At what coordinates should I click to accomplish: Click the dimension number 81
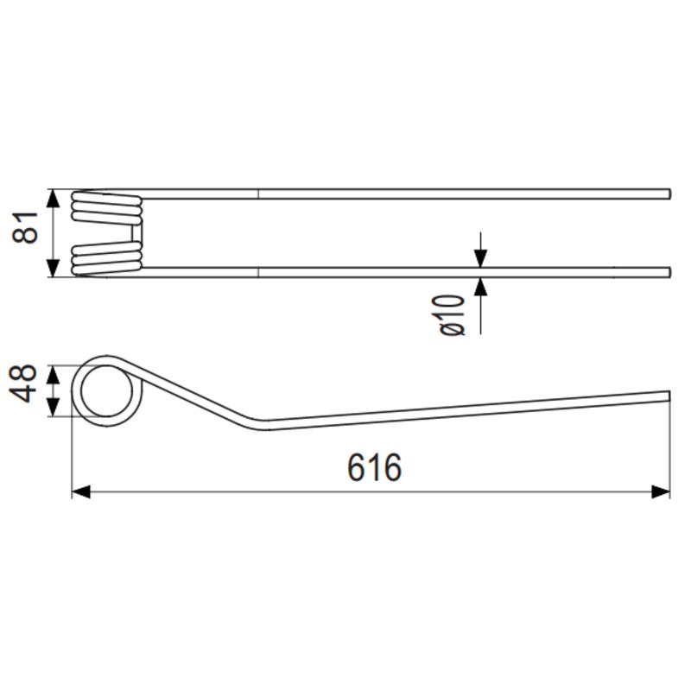click(26, 227)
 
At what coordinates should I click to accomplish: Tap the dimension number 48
click(23, 384)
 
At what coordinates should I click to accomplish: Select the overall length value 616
click(374, 467)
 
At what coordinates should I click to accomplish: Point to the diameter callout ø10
click(452, 315)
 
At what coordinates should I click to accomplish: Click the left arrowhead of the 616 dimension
click(81, 492)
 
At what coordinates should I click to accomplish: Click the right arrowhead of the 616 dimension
click(661, 492)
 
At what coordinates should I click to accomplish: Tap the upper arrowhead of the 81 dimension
click(53, 199)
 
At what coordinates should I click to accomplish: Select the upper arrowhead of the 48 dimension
click(53, 374)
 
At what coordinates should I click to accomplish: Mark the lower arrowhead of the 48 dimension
click(53, 407)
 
